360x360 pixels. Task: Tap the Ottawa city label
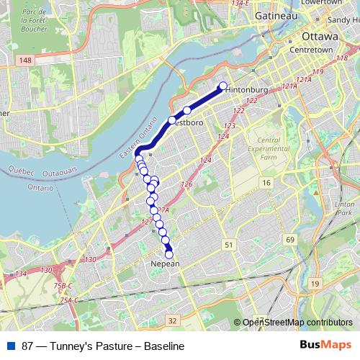pos(320,35)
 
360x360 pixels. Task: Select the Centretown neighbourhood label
pos(310,50)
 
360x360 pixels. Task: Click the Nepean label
pos(165,264)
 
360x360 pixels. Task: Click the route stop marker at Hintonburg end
pos(222,86)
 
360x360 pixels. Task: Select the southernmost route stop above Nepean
pos(169,253)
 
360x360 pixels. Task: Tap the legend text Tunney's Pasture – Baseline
pos(103,346)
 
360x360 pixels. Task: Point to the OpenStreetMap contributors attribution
pos(297,323)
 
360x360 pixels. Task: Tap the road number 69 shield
pos(289,239)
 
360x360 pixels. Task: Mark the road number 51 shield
pos(228,246)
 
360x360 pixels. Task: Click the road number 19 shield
pos(315,284)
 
